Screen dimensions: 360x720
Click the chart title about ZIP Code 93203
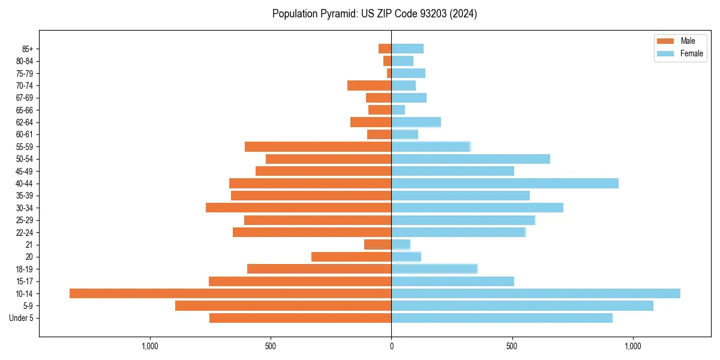(374, 14)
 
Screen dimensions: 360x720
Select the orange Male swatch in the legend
(666, 41)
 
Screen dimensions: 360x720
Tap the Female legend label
(692, 53)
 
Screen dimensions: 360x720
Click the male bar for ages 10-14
(230, 293)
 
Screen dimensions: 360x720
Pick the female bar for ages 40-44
(505, 183)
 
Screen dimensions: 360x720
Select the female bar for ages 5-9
(522, 305)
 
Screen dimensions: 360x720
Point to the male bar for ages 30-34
(298, 208)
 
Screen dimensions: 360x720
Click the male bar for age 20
(351, 257)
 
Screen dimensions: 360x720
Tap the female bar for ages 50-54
(470, 159)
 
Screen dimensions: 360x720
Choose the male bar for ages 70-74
(369, 85)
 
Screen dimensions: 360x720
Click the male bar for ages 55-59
(318, 146)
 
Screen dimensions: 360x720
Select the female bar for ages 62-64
(416, 122)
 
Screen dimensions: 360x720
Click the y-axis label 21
(29, 245)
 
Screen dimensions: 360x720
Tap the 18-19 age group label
(25, 269)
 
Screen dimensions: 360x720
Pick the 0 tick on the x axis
(391, 346)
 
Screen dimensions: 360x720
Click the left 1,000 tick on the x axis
(149, 346)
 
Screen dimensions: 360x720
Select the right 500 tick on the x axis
(512, 346)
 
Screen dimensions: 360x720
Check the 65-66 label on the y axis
(25, 110)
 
